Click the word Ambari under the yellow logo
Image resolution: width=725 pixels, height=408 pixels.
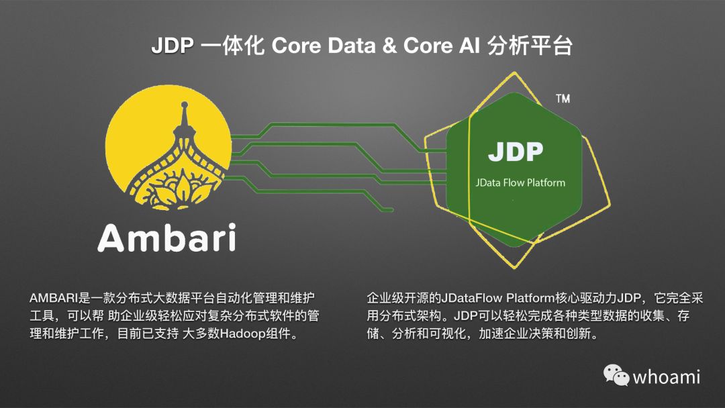pyautogui.click(x=166, y=237)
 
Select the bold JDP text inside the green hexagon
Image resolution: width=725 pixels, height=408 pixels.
pyautogui.click(x=515, y=152)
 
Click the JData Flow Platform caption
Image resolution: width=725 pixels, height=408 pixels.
pyautogui.click(x=520, y=183)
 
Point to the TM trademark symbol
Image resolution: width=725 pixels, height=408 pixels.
pyautogui.click(x=563, y=99)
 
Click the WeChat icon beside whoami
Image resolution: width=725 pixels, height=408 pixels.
pyautogui.click(x=616, y=375)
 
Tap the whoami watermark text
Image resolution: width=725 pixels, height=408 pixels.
pyautogui.click(x=666, y=376)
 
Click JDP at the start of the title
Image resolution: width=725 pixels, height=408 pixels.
pyautogui.click(x=173, y=47)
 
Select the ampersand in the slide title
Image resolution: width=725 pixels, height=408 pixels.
pyautogui.click(x=391, y=47)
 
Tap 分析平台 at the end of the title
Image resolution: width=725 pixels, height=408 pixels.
pyautogui.click(x=529, y=47)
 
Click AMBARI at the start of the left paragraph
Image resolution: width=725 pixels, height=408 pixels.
pyautogui.click(x=51, y=297)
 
